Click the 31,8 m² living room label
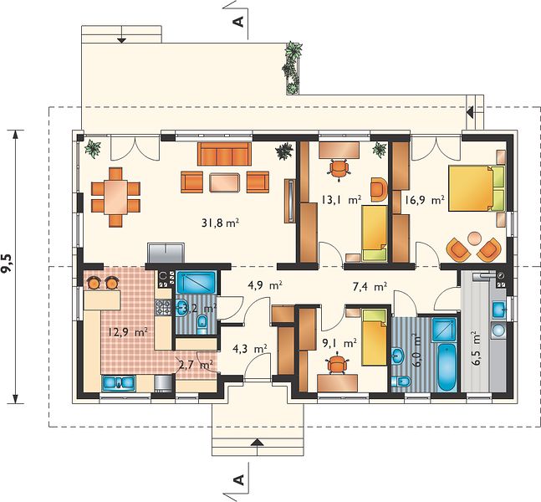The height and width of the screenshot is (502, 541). click(x=221, y=223)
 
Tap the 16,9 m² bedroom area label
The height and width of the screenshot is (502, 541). click(x=424, y=200)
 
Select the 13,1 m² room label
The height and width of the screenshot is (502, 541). click(x=341, y=199)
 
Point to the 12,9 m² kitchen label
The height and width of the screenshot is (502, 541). click(x=128, y=332)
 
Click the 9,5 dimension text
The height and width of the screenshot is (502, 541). click(x=9, y=264)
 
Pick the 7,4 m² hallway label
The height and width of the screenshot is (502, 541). click(x=370, y=286)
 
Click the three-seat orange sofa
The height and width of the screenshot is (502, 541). click(x=224, y=154)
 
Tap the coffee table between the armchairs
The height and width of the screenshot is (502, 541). click(x=224, y=182)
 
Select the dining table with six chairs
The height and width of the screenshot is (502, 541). click(x=115, y=197)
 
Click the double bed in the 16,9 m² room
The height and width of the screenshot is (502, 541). click(x=476, y=188)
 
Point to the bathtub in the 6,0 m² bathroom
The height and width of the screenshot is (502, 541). click(x=447, y=367)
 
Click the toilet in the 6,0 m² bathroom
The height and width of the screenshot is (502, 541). click(x=401, y=382)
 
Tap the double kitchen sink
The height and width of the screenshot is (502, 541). click(x=119, y=383)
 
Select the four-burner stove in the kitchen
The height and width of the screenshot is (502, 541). click(x=163, y=307)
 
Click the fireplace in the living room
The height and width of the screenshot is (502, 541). click(x=166, y=253)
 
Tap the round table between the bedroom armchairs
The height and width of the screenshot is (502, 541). click(x=474, y=238)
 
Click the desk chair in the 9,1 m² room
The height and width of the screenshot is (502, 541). click(x=336, y=364)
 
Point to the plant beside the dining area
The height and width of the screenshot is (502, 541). click(x=93, y=148)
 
